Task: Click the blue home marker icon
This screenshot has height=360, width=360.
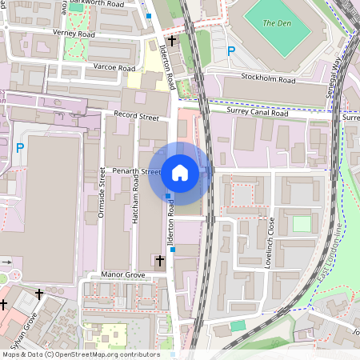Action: tap(180, 172)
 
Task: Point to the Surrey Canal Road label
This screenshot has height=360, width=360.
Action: tap(258, 113)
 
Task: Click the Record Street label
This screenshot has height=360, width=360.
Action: tap(137, 116)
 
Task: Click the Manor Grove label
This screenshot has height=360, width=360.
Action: tap(122, 274)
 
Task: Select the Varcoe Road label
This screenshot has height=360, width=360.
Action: tap(114, 68)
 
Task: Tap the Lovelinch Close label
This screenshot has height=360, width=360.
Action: tap(270, 241)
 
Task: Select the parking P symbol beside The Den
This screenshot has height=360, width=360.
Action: tap(232, 51)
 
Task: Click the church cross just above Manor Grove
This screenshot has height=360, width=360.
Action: tap(160, 260)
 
